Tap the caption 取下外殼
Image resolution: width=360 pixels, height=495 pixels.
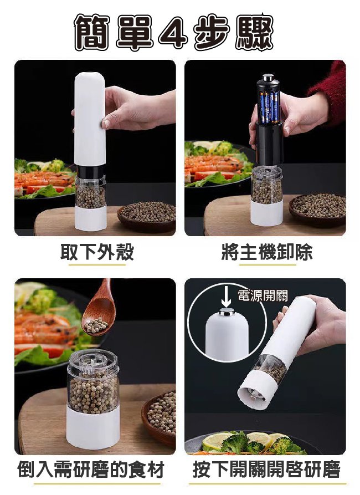tap(97, 252)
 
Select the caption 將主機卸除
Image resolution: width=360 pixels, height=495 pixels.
tap(266, 252)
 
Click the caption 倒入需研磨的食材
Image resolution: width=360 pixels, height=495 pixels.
tap(91, 471)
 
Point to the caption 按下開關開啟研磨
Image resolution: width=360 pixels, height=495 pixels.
tap(266, 471)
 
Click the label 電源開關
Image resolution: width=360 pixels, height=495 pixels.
tap(263, 295)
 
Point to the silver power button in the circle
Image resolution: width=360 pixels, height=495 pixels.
tap(226, 313)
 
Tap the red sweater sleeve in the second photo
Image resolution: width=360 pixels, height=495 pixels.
tap(331, 89)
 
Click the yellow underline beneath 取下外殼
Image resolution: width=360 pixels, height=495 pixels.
tap(97, 265)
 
